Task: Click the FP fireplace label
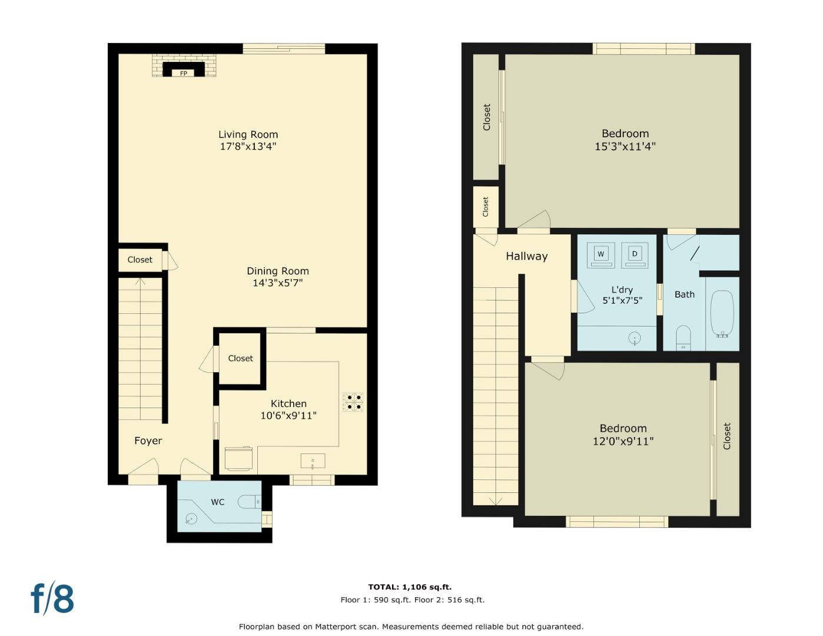point(184,73)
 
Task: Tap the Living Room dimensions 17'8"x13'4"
point(248,146)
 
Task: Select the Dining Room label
point(277,271)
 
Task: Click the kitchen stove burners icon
point(353,402)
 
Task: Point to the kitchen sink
point(313,461)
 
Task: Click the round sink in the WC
point(191,519)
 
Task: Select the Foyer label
point(148,440)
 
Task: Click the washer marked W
point(600,254)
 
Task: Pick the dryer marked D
point(634,254)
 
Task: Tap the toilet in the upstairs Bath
point(683,337)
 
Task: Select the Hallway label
point(526,256)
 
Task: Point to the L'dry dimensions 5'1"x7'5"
point(622,300)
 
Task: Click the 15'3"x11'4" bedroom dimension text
point(625,146)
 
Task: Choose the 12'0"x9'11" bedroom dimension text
point(623,441)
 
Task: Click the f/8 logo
point(52,598)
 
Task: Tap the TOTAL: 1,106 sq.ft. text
point(410,587)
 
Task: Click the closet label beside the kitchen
point(240,358)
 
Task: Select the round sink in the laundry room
point(635,338)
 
